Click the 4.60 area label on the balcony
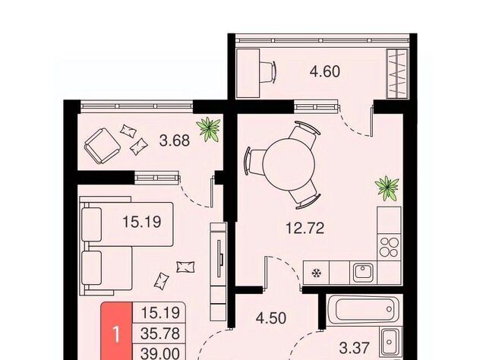click(x=325, y=71)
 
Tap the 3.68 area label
click(x=174, y=141)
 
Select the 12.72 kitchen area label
click(x=305, y=229)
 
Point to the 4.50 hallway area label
click(x=271, y=318)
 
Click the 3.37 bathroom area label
click(x=355, y=348)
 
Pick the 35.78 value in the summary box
click(x=160, y=333)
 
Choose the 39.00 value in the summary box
click(x=160, y=353)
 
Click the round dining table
click(x=289, y=163)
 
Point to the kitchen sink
click(x=363, y=273)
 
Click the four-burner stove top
click(x=389, y=247)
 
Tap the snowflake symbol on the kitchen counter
click(x=316, y=273)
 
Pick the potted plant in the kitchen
click(x=387, y=188)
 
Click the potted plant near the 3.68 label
click(x=208, y=129)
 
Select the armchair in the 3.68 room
click(x=103, y=146)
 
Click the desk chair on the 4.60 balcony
click(x=267, y=72)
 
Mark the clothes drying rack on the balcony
click(x=397, y=74)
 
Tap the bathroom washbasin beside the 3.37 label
click(x=390, y=342)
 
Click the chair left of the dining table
click(x=255, y=163)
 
